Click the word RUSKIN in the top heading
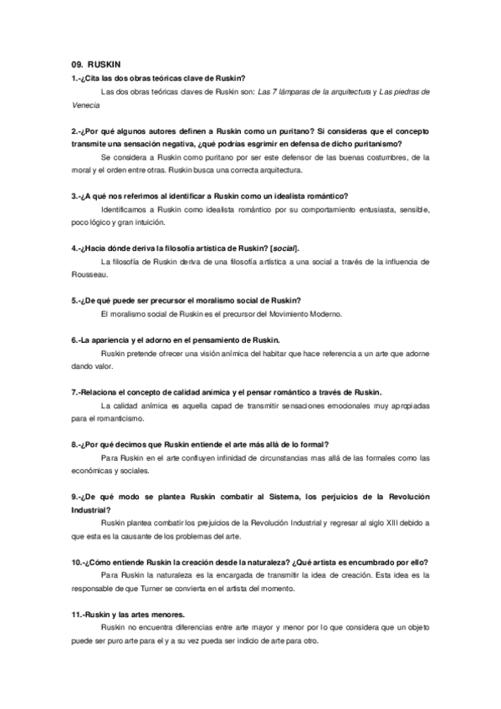[105, 63]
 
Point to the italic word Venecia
[86, 105]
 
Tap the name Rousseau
[89, 274]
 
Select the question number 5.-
[77, 300]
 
